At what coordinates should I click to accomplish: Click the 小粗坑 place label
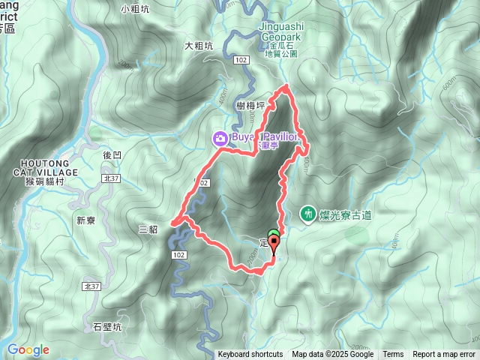pos(135,10)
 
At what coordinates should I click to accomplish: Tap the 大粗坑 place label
pos(199,46)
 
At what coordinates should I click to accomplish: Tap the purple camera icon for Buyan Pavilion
pos(220,138)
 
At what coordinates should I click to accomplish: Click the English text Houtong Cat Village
pos(46,168)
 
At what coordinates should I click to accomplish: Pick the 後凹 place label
pos(112,154)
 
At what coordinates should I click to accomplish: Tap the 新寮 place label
pos(87,220)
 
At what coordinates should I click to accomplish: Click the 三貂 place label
pos(148,229)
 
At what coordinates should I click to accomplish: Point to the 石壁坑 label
pos(108,326)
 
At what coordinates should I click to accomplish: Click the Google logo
pos(28,349)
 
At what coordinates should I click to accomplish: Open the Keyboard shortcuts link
pos(250,355)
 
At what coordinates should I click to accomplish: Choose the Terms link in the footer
pos(393,355)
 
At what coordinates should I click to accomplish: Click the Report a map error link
pos(444,355)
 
